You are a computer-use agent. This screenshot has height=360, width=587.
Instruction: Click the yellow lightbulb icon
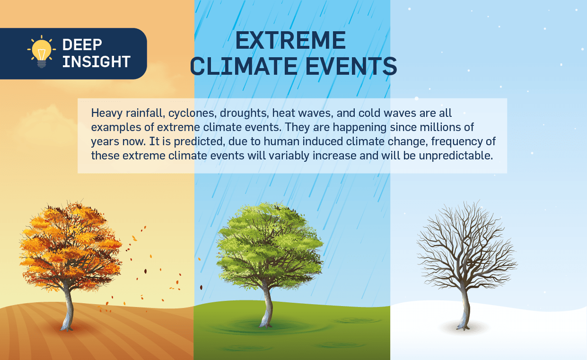point(42,52)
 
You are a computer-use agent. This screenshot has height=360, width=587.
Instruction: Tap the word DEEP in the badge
point(82,45)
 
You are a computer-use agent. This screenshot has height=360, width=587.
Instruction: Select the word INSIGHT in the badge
point(96,62)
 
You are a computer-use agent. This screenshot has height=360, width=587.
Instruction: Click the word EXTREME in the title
point(290,40)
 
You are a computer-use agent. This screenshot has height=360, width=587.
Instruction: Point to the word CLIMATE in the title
point(244,66)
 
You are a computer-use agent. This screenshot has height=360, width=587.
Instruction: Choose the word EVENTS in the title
point(351,66)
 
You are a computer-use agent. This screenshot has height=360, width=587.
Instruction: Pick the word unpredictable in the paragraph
point(456,156)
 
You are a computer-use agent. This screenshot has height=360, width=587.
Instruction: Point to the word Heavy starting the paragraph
point(107,114)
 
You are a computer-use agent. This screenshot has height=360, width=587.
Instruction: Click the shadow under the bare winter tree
point(464,327)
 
